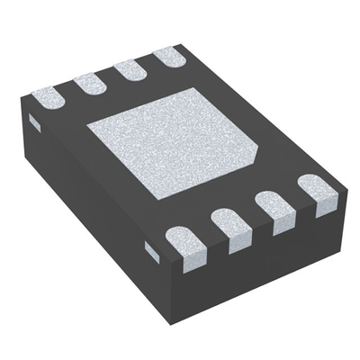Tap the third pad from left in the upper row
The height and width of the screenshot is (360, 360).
coord(130,68)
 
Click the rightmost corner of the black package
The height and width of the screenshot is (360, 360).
coord(347,190)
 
